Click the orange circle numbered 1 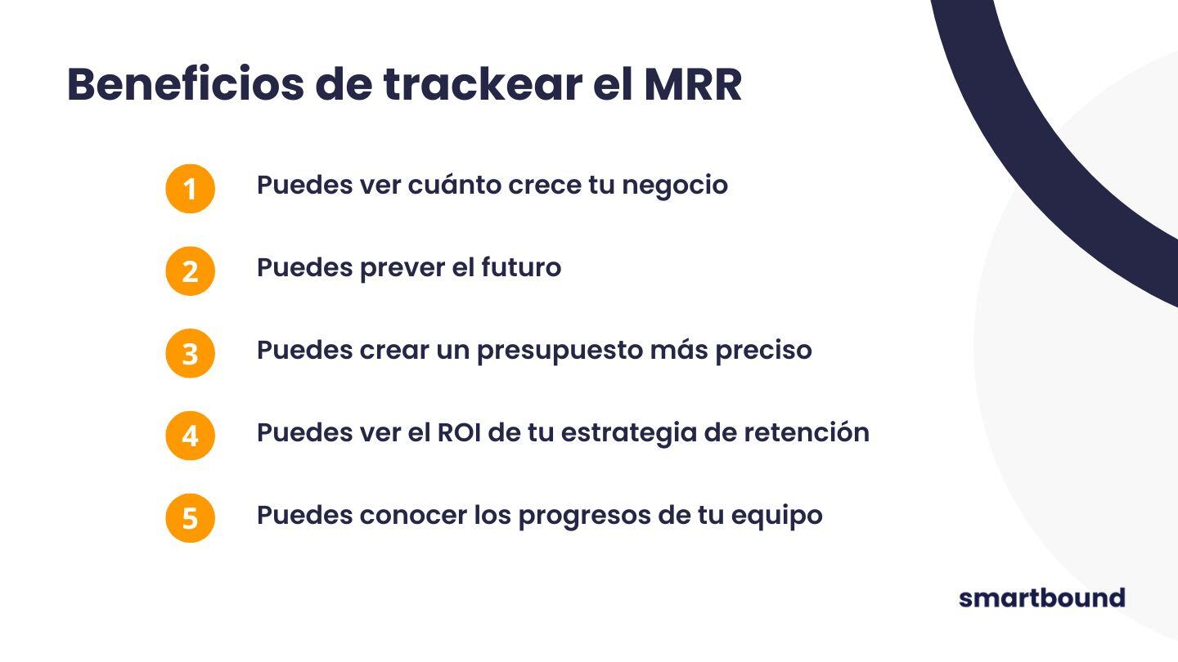(190, 189)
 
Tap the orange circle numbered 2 (190, 271)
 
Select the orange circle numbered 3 (190, 353)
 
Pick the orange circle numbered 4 (190, 436)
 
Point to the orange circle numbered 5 (190, 518)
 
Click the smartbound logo (1041, 597)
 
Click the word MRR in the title (692, 84)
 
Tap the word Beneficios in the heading (185, 84)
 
